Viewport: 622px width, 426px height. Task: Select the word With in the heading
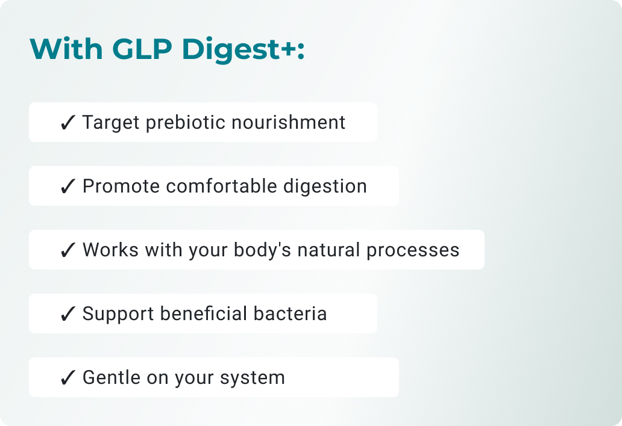66,49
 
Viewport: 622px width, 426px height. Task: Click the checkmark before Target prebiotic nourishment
68,123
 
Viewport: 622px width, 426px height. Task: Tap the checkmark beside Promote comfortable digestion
68,187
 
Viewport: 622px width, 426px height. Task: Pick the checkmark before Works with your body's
68,250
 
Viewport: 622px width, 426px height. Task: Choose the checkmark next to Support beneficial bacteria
68,314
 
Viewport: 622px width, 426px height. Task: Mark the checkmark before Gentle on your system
68,378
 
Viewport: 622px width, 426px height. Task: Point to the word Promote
121,187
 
